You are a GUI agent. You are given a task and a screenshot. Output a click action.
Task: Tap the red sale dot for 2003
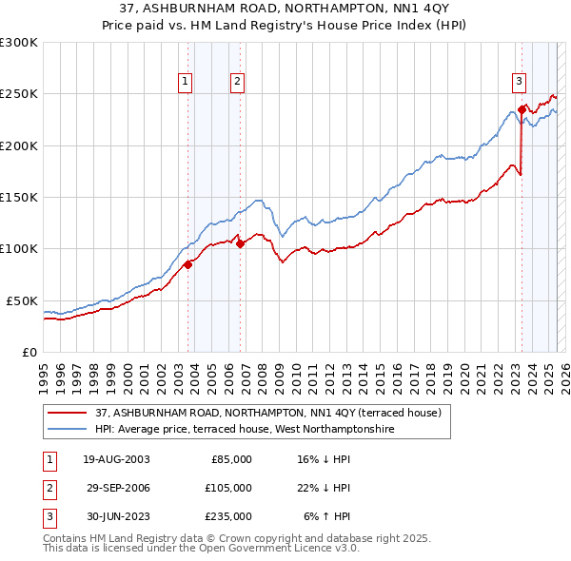coord(187,265)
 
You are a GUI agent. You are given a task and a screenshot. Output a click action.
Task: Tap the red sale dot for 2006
coord(240,243)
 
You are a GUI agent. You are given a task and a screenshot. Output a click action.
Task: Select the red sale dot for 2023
coord(522,109)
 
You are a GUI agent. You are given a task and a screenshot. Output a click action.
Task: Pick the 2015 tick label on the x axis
coord(379,372)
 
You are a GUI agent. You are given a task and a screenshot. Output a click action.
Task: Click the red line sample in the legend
coord(67,414)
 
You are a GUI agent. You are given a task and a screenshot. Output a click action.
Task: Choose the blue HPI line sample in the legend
coord(67,430)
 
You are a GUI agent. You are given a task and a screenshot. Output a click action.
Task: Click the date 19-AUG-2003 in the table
coord(116,459)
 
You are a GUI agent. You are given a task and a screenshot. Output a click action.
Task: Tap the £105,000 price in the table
coord(229,488)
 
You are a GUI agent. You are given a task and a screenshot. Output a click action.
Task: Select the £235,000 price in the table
coord(229,516)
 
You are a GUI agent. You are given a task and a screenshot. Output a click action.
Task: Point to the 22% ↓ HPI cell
coord(324,488)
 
